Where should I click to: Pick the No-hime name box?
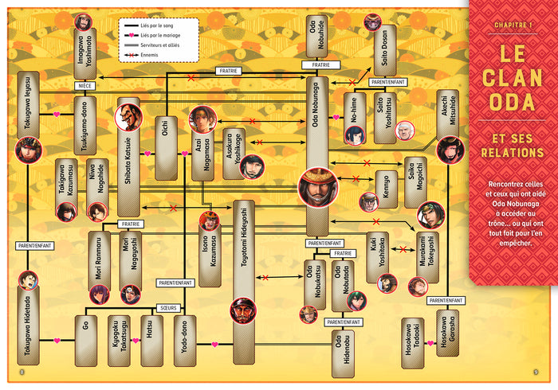point(356,111)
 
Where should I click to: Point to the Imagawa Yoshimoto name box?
point(85,52)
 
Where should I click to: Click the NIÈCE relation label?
point(85,85)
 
